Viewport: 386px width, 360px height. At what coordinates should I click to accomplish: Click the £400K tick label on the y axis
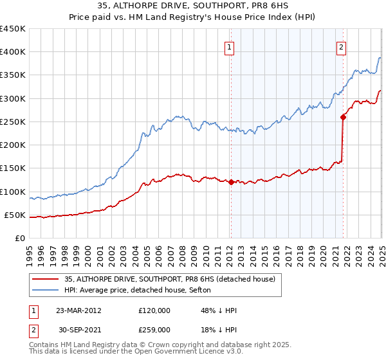[x=13, y=52]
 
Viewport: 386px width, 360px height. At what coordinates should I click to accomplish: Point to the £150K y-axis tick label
[x=13, y=168]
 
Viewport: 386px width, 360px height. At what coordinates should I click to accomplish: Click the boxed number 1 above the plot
[x=229, y=46]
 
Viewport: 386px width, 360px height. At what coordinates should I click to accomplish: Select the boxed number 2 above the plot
[x=341, y=46]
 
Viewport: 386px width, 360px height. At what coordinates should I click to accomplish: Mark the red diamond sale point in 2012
[x=231, y=182]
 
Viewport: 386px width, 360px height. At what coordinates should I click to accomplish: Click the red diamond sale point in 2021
[x=343, y=117]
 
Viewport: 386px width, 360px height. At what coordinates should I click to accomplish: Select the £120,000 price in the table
[x=154, y=310]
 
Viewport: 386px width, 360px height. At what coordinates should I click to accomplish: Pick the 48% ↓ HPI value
[x=219, y=310]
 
